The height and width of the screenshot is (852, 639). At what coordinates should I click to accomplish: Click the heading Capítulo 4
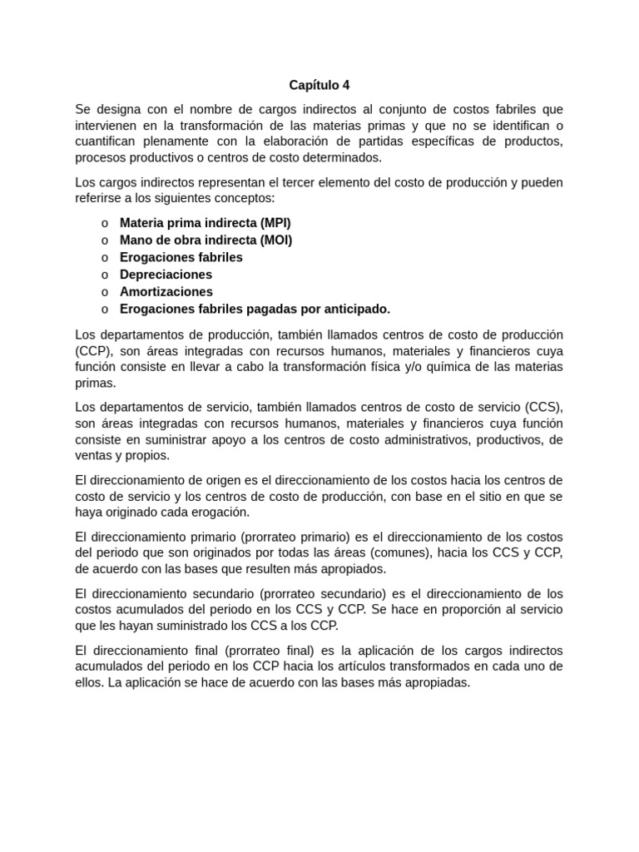click(319, 85)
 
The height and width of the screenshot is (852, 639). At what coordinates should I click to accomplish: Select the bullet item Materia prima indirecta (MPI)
click(205, 223)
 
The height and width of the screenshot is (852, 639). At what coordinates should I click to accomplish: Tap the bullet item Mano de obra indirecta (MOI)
click(206, 240)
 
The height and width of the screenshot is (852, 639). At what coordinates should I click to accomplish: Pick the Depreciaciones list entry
click(166, 275)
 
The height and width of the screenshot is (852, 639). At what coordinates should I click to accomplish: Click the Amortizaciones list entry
click(166, 292)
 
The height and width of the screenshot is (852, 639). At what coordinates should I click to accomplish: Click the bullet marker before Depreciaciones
click(104, 275)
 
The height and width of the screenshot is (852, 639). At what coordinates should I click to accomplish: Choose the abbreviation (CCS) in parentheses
click(543, 407)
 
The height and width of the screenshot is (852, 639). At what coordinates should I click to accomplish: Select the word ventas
click(94, 455)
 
